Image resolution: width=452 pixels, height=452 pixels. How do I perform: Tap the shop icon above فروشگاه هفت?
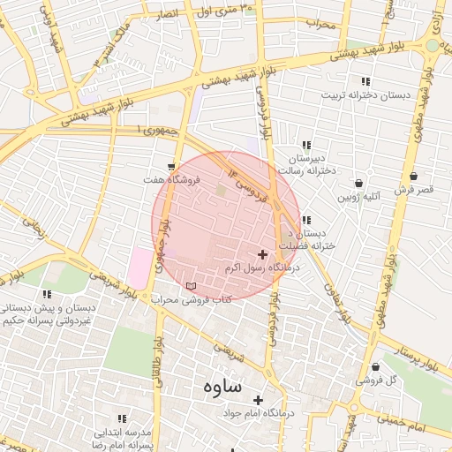pos(170,166)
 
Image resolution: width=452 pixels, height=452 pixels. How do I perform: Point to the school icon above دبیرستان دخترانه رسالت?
pos(306,144)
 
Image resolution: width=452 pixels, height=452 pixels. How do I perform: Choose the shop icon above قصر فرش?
pos(414,176)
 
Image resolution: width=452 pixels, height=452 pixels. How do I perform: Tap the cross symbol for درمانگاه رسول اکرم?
pos(262,254)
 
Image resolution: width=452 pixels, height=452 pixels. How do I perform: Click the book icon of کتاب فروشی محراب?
pos(192,287)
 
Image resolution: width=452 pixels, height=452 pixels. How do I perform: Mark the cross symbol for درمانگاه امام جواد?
pos(258,400)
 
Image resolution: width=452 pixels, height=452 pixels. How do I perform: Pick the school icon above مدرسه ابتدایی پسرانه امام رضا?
pos(122,418)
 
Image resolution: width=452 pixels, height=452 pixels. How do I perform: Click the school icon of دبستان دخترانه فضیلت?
pos(305,220)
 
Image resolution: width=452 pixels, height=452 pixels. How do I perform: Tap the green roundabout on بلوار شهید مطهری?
pos(433,44)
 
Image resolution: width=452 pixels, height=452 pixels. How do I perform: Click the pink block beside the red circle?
pos(139,267)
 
